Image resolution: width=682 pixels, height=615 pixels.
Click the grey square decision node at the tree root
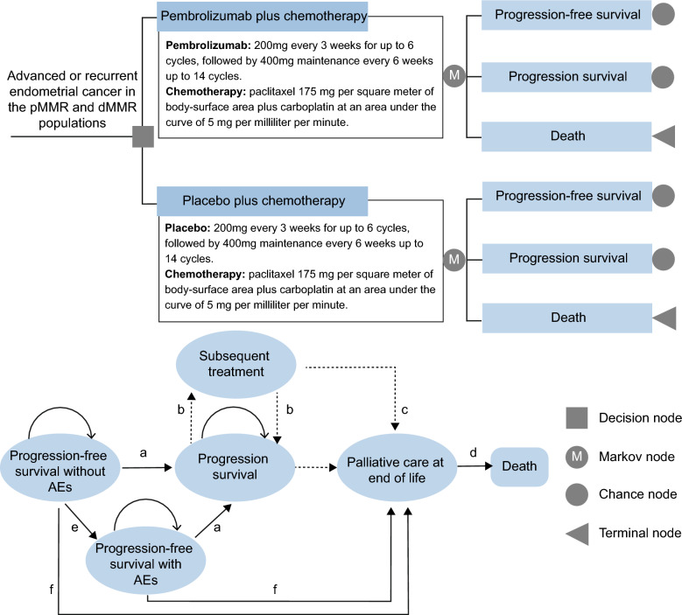click(143, 136)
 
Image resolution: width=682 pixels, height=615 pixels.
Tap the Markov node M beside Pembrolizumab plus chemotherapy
click(454, 75)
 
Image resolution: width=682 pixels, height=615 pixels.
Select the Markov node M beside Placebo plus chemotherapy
click(454, 260)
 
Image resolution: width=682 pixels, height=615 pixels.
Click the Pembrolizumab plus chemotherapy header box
click(263, 17)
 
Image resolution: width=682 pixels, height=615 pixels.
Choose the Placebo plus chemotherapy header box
click(263, 201)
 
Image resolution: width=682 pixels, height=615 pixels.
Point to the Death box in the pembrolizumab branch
click(566, 136)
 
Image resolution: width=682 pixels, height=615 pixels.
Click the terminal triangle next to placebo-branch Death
click(664, 318)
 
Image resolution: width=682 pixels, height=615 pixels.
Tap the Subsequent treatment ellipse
click(236, 364)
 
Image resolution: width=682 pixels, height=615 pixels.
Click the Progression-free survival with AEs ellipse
click(145, 561)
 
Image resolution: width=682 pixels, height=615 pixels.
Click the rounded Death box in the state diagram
click(519, 467)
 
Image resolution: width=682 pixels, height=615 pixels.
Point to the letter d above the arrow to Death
click(474, 453)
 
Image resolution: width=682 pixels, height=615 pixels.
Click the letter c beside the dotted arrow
click(404, 410)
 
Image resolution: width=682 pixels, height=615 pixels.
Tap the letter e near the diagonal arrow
click(74, 528)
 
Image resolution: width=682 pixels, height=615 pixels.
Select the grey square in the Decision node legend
click(577, 418)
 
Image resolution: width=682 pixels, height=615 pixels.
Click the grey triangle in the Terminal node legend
click(577, 534)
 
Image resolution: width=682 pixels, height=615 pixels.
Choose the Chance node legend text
click(637, 494)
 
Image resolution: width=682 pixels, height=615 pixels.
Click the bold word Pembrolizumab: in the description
click(207, 45)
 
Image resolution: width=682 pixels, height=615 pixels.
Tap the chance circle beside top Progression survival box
click(663, 77)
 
